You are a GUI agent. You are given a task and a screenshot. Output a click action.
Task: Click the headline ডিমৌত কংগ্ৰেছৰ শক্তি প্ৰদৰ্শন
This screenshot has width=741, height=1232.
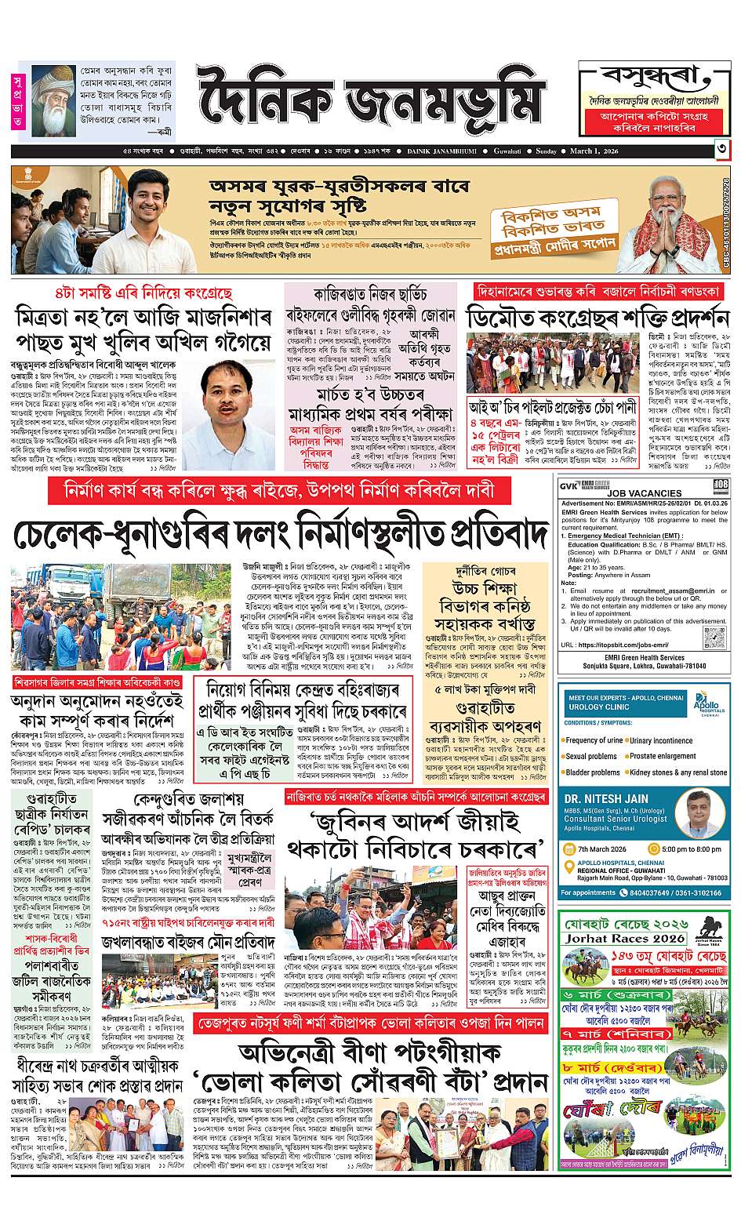pos(598,321)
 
